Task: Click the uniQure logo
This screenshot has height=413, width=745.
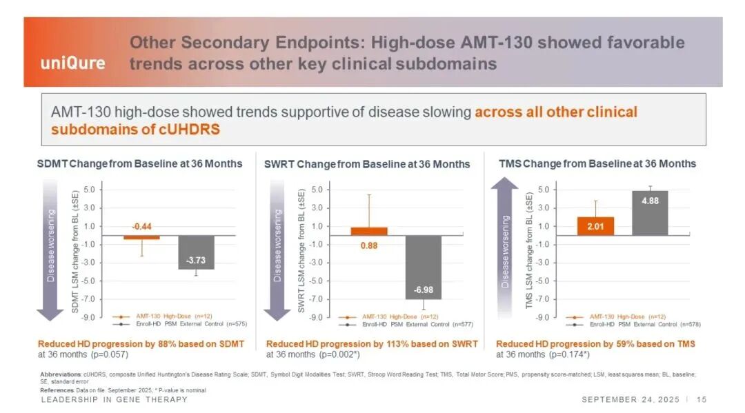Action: [72, 63]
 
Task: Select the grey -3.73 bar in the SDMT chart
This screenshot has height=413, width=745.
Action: [195, 252]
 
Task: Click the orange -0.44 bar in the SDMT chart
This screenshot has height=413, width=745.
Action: [141, 237]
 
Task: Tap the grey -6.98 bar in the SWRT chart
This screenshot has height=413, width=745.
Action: [423, 268]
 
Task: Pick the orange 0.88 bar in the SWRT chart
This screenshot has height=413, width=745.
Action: [369, 232]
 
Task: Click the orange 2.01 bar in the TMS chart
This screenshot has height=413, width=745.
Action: [595, 226]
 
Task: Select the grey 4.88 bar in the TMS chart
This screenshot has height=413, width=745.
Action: [650, 213]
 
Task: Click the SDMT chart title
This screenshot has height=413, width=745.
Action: [139, 163]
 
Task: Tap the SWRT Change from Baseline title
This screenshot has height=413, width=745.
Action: [367, 164]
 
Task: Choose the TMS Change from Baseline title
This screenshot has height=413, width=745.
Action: [597, 163]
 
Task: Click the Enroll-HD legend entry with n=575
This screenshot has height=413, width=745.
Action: [179, 323]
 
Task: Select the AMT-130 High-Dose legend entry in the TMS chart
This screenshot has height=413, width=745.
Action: [616, 316]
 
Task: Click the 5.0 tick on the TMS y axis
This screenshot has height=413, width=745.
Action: [543, 190]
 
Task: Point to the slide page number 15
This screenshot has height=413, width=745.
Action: [702, 399]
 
